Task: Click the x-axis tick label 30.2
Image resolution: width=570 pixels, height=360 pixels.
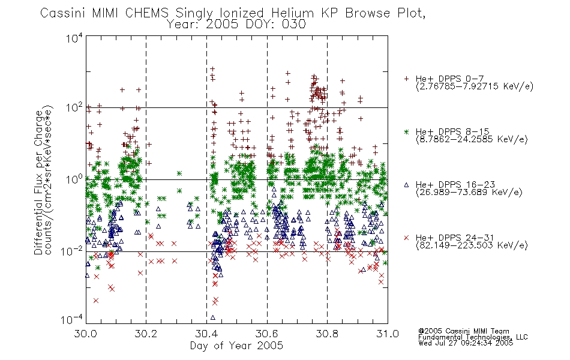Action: point(145,334)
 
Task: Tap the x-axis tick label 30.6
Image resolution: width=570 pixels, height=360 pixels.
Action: point(267,334)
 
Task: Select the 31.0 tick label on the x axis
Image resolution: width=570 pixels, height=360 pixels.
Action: point(388,334)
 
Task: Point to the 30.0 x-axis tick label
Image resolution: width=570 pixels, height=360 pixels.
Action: point(85,334)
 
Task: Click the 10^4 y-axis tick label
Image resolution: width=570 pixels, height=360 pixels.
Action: point(74,38)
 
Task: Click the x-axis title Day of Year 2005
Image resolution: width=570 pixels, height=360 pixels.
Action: point(236,346)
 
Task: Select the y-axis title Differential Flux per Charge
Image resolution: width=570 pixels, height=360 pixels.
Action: point(38,182)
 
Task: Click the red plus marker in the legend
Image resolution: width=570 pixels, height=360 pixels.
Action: point(406,79)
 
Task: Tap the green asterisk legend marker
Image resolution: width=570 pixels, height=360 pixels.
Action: point(406,132)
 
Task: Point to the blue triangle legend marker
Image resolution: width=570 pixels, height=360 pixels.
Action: point(406,185)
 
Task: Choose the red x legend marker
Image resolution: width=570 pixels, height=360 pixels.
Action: point(406,238)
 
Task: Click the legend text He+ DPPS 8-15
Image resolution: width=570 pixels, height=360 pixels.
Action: point(452,131)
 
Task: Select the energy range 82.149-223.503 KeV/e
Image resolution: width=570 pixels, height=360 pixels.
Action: point(472,245)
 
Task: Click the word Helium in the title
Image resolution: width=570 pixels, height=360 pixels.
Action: point(292,13)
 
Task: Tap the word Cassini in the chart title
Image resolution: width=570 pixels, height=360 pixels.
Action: point(63,13)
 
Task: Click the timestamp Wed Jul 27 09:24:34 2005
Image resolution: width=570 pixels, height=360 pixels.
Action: point(466,343)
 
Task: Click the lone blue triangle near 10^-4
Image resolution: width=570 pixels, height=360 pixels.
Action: point(212,317)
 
